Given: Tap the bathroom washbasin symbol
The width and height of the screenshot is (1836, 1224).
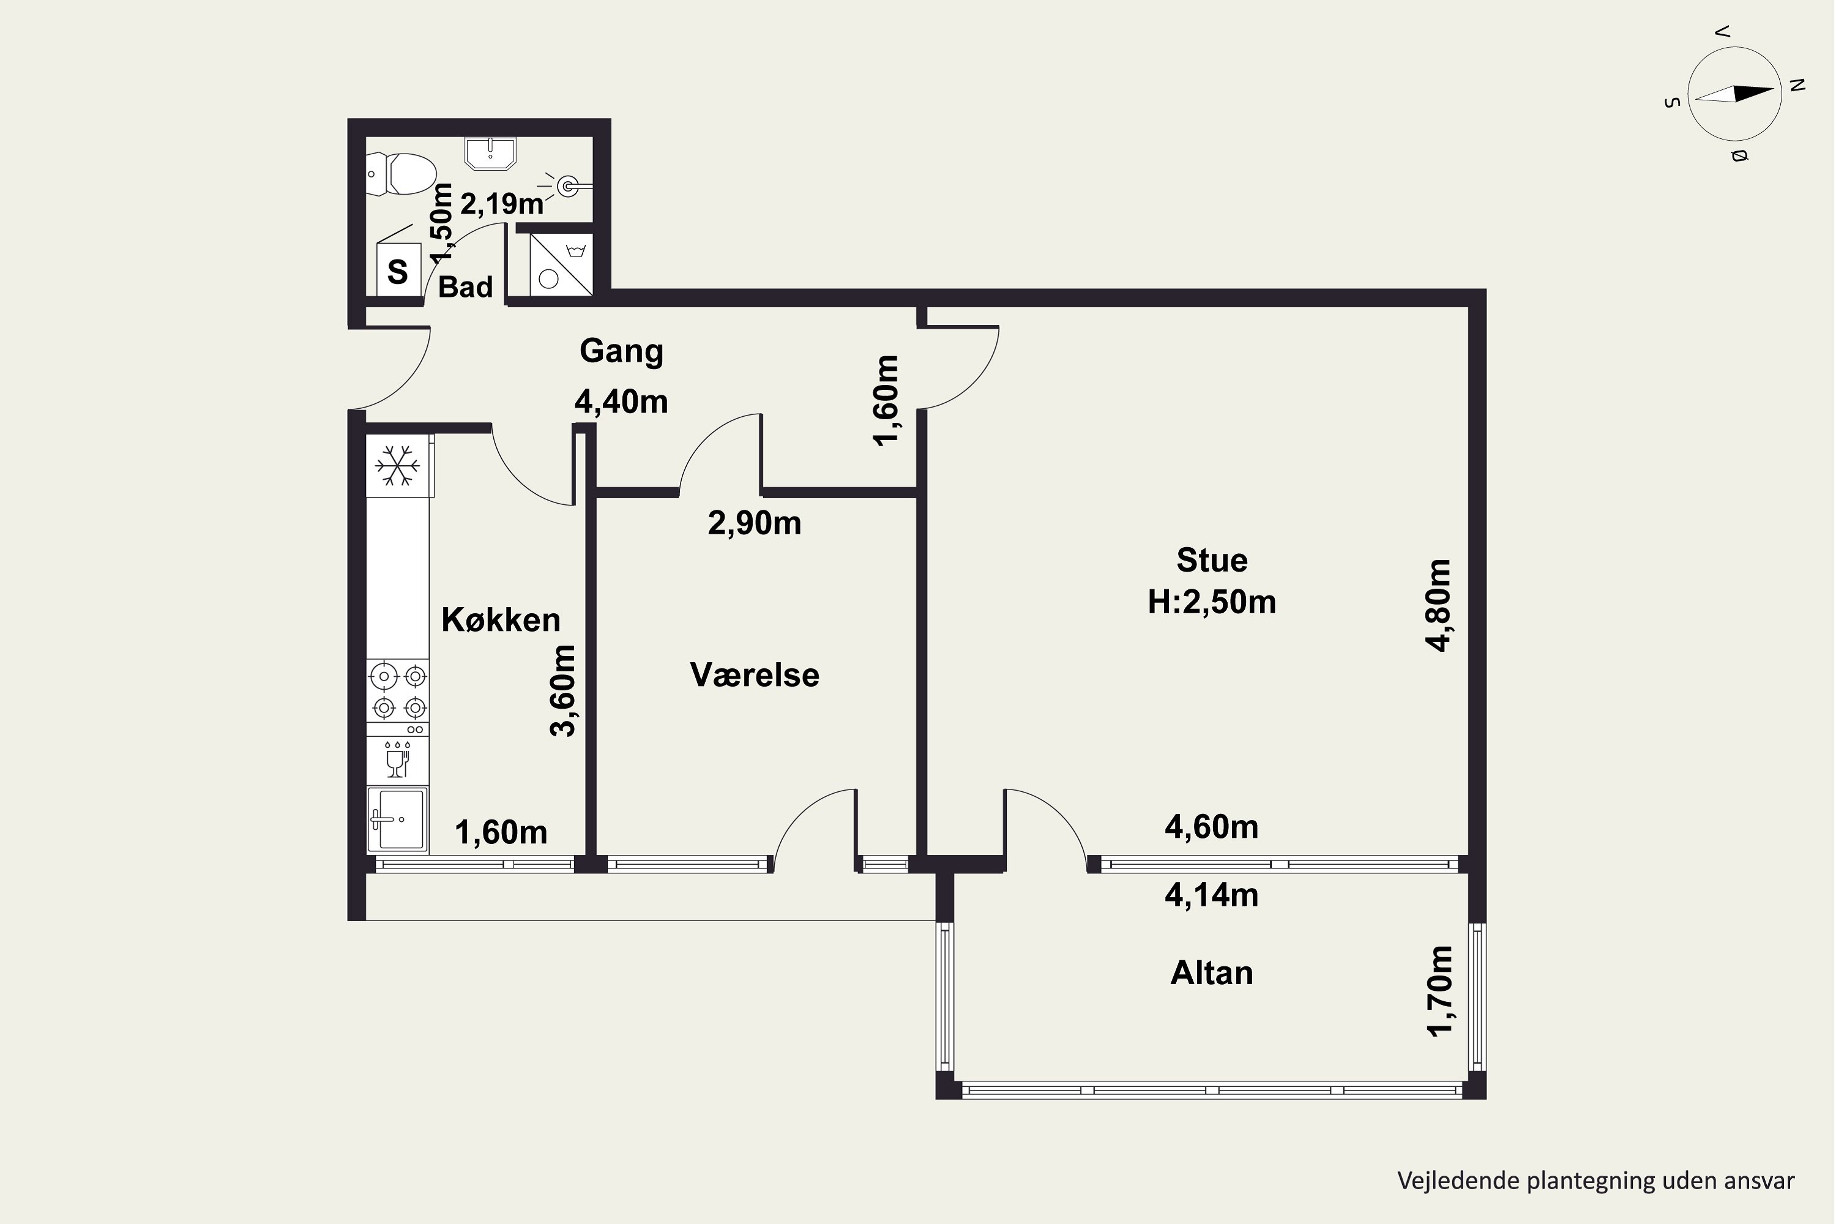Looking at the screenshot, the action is (x=490, y=153).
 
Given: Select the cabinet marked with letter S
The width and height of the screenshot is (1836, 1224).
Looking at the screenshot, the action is (x=398, y=269).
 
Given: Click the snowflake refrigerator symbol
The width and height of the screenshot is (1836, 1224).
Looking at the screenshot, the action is (x=397, y=466).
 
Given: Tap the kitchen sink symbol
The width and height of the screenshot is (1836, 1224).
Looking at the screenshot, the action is (x=397, y=819).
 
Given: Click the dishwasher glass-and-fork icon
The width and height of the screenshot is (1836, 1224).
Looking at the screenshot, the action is (x=397, y=759).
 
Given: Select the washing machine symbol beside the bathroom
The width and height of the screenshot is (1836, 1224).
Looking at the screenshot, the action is (x=561, y=264).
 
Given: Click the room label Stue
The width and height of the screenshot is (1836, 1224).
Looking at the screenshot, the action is (x=1212, y=561).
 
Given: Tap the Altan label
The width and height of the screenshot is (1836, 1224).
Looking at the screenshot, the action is (x=1212, y=972).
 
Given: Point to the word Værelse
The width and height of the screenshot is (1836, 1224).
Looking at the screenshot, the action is (x=755, y=675).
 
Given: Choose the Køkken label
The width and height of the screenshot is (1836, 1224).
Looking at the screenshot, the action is (x=501, y=620).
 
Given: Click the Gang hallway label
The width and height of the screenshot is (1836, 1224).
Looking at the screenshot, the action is (x=621, y=351).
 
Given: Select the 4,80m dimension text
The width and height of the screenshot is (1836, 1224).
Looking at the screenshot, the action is (x=1438, y=606).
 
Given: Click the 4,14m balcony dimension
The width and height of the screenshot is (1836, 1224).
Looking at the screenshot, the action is (x=1212, y=895).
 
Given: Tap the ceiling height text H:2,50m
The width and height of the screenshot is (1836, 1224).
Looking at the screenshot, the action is (x=1212, y=602).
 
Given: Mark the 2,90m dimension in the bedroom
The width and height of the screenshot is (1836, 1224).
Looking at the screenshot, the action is (x=755, y=523).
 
